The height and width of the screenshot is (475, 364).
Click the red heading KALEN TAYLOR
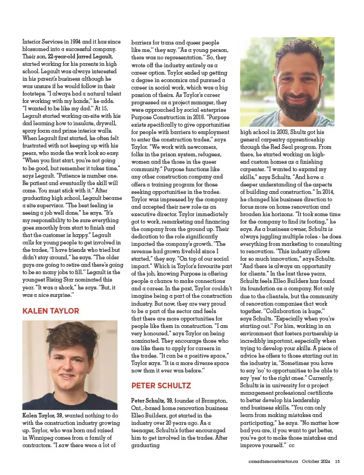(51, 311)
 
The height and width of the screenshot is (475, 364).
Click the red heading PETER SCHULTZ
(161, 385)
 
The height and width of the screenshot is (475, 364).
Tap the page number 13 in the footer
(338, 461)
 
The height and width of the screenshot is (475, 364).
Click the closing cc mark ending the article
(291, 445)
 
